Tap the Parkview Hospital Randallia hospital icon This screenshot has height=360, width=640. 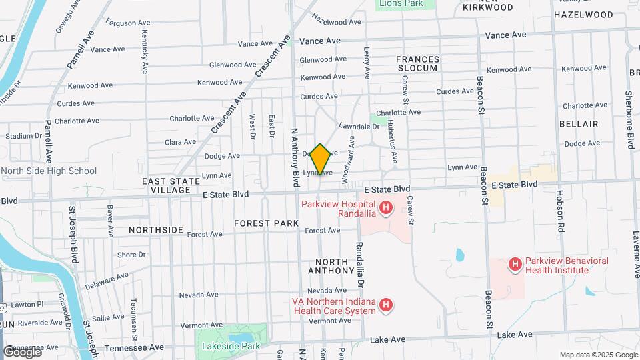(385, 209)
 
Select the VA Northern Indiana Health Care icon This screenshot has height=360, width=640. (385, 306)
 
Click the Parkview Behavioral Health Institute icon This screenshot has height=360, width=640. (515, 265)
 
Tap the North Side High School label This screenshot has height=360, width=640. (49, 171)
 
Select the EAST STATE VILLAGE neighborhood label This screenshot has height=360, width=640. (171, 185)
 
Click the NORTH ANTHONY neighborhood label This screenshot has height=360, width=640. (331, 266)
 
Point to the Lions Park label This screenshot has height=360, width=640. (402, 4)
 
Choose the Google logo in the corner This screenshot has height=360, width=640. (22, 351)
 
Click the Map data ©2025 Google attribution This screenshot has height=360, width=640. (598, 355)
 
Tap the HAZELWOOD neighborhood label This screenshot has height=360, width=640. (583, 15)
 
